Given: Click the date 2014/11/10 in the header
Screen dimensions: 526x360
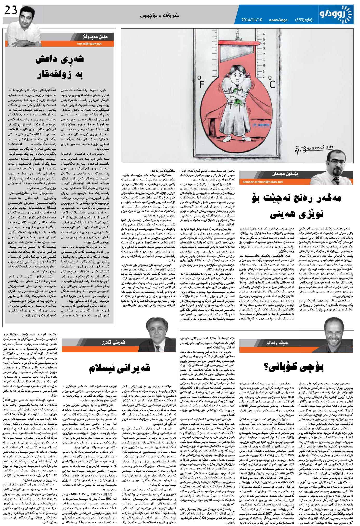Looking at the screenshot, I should (252, 20).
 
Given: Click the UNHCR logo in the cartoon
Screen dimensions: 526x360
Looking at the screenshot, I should (258, 125).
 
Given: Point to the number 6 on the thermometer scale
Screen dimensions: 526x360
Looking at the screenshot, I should (264, 34).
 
